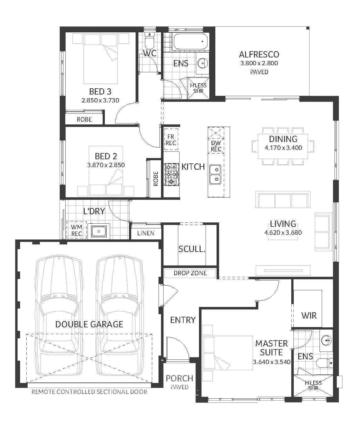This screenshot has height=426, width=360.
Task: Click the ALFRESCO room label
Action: click(x=259, y=55)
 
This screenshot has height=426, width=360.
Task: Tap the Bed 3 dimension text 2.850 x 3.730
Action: click(x=100, y=100)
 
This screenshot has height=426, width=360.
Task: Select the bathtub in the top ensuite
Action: click(x=190, y=42)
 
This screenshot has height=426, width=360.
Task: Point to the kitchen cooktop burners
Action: click(x=172, y=174)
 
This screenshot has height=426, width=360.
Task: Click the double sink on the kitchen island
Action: click(x=215, y=174)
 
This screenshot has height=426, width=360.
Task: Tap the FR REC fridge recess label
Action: click(x=171, y=140)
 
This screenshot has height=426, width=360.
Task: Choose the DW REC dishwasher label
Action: click(x=216, y=146)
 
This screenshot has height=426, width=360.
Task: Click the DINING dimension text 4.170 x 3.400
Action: click(x=283, y=148)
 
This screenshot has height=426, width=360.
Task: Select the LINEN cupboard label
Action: click(x=146, y=233)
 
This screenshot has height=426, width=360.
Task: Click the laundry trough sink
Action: click(x=99, y=231)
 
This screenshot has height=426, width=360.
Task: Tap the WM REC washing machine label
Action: click(x=77, y=230)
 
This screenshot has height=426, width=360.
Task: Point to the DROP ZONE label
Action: click(x=190, y=273)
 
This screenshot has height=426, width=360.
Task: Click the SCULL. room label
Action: click(x=192, y=249)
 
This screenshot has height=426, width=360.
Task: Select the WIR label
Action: click(x=309, y=315)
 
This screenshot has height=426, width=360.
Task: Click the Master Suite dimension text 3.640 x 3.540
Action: click(x=271, y=362)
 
